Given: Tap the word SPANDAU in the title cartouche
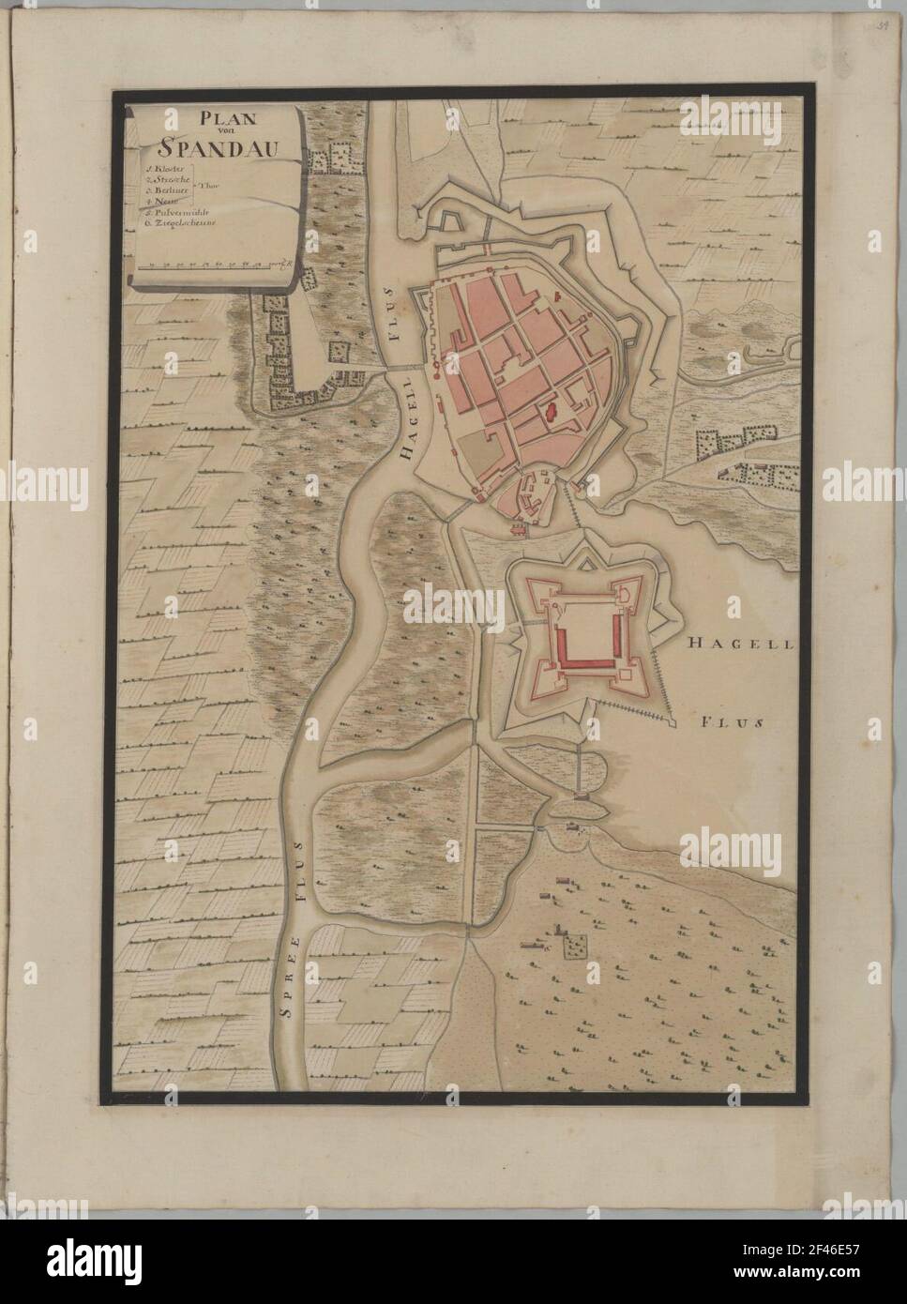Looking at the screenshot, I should (x=214, y=146).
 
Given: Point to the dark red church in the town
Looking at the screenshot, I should (x=552, y=408).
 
